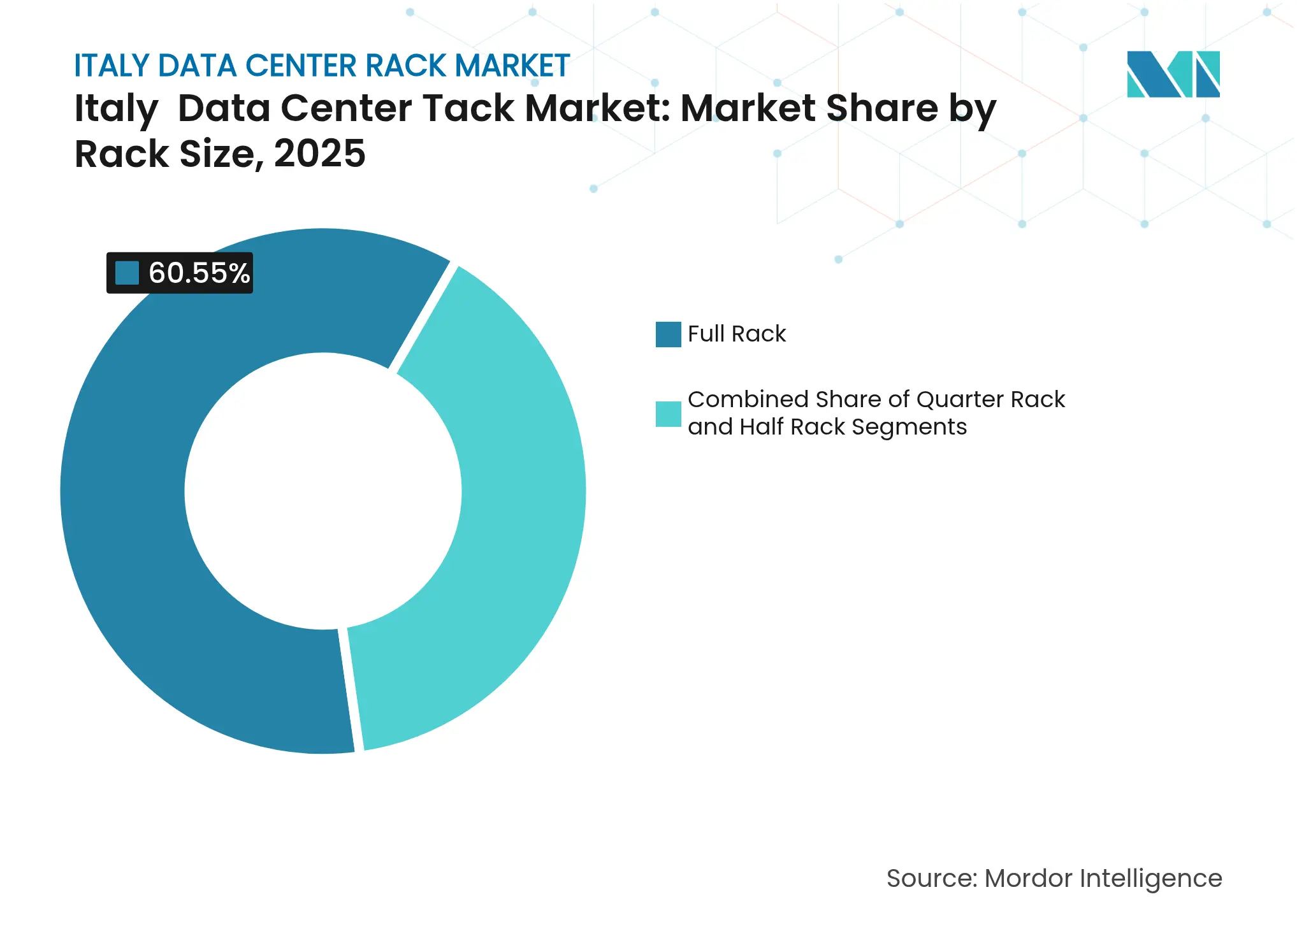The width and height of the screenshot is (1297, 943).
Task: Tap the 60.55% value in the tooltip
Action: (x=199, y=273)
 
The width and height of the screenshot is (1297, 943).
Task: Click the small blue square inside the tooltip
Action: (x=127, y=273)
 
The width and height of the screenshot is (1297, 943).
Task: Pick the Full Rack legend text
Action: (x=737, y=334)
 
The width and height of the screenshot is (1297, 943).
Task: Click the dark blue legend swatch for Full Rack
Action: (x=668, y=335)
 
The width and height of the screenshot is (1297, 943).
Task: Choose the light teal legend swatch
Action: (x=668, y=414)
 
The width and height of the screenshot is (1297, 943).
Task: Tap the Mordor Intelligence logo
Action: (x=1173, y=74)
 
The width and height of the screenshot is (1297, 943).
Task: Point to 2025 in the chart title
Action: (x=319, y=154)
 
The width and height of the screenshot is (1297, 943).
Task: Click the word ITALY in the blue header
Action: (x=112, y=66)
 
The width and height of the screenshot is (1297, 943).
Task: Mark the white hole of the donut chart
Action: (x=322, y=491)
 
